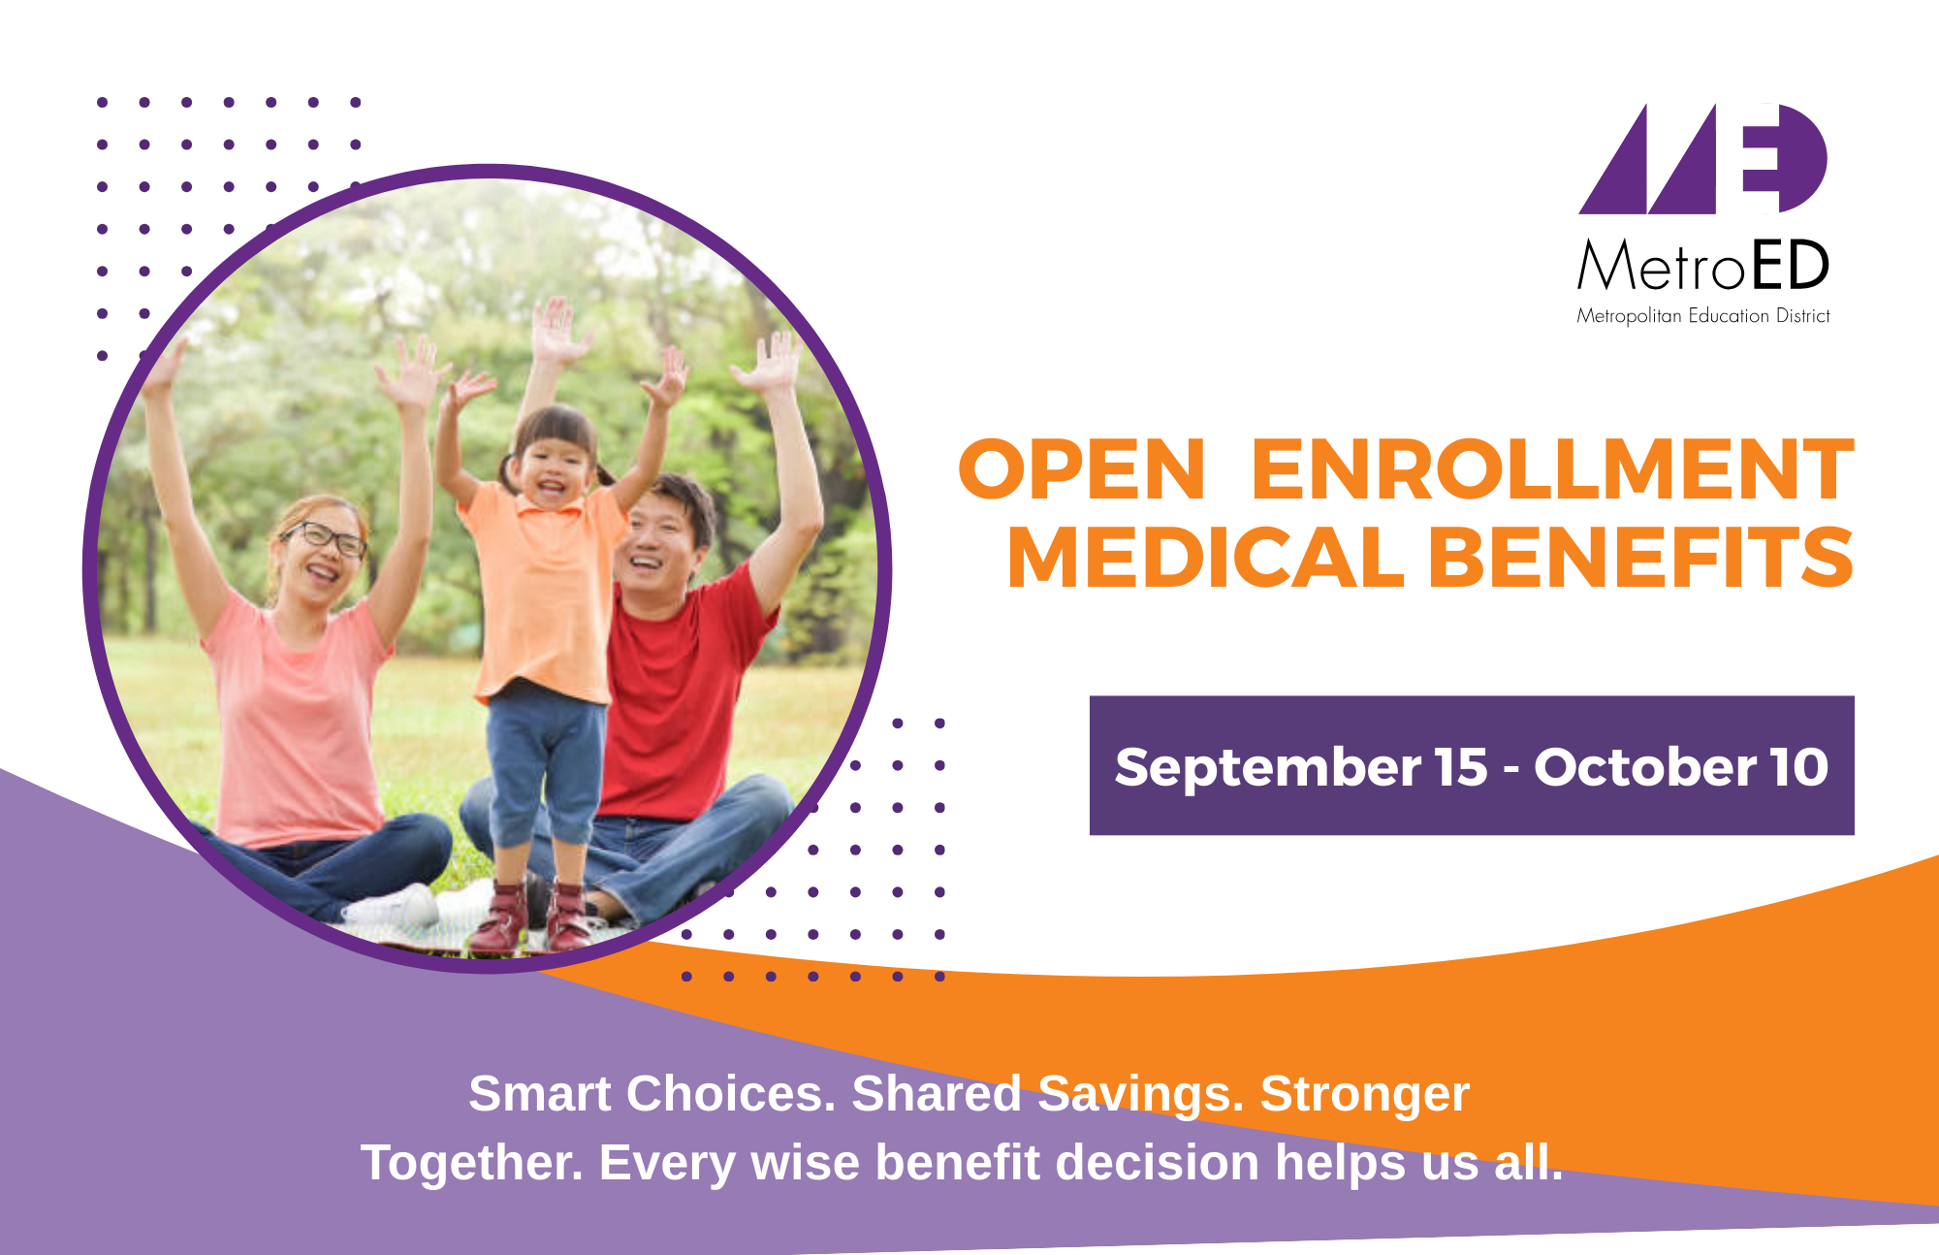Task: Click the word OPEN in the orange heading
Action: (x=1081, y=470)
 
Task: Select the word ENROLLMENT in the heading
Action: (x=1553, y=470)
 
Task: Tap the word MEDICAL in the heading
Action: (x=1206, y=558)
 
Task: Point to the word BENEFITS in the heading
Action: (x=1641, y=558)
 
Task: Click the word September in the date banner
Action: (x=1268, y=768)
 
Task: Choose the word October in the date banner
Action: (x=1645, y=767)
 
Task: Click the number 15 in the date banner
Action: (x=1461, y=767)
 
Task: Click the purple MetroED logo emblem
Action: (x=1703, y=158)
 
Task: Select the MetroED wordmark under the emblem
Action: (x=1703, y=265)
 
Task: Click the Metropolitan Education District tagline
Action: (x=1703, y=316)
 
